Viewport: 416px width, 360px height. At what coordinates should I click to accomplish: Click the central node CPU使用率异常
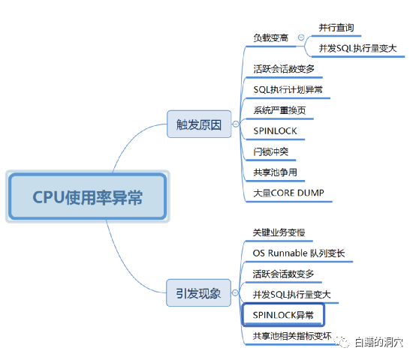[x=88, y=196]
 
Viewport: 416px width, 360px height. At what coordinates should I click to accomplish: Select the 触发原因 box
[x=199, y=124]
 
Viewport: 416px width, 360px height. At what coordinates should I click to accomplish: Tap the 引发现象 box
[x=198, y=292]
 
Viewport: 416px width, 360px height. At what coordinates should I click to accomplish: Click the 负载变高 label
[x=270, y=38]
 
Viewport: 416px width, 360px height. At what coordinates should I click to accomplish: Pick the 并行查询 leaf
[x=336, y=28]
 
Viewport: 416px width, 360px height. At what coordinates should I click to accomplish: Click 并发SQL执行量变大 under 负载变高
[x=357, y=48]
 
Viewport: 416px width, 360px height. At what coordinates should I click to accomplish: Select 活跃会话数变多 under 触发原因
[x=284, y=69]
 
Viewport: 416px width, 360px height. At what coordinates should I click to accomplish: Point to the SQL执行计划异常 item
[x=288, y=89]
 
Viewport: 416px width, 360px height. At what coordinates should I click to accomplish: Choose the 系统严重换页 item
[x=279, y=110]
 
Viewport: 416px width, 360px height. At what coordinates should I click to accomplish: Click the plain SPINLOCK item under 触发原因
[x=275, y=130]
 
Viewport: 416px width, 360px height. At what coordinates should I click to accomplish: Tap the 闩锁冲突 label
[x=270, y=151]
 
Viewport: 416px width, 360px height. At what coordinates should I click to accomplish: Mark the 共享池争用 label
[x=275, y=172]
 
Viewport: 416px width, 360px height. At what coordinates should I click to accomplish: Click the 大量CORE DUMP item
[x=288, y=193]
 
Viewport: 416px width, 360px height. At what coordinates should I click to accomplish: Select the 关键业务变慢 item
[x=279, y=232]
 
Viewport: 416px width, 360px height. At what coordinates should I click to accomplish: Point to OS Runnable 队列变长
[x=299, y=253]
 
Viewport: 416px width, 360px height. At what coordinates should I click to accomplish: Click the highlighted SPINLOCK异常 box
[x=283, y=315]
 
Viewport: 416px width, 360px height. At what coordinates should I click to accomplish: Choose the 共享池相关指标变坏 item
[x=292, y=336]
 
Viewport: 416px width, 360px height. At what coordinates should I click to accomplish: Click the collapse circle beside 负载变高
[x=301, y=37]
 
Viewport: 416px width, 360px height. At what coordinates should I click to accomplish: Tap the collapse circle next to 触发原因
[x=236, y=124]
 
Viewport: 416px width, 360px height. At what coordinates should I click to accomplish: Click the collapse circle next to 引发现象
[x=235, y=292]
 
